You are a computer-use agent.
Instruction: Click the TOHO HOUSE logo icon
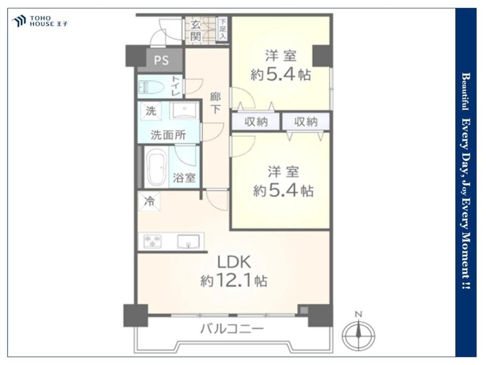tap(18, 21)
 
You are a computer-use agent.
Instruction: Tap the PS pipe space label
tap(161, 60)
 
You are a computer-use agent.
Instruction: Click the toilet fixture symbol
tap(151, 87)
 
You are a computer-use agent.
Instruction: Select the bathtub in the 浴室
tap(156, 167)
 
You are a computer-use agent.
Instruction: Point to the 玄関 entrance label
tap(195, 31)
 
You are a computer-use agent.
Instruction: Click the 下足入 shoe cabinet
tap(223, 29)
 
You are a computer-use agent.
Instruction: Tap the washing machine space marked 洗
tap(151, 110)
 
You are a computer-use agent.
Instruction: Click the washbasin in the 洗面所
tap(184, 110)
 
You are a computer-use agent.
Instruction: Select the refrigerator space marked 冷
tap(149, 201)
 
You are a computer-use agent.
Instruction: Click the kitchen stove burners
tap(152, 241)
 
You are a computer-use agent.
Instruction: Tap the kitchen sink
tap(188, 241)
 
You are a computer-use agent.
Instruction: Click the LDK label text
tap(234, 262)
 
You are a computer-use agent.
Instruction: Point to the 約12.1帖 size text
tap(234, 281)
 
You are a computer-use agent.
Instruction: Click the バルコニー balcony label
tap(232, 328)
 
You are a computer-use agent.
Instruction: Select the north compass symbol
tap(359, 334)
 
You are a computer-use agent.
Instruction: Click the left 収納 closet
tap(256, 122)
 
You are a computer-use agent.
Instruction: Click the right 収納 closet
tap(306, 122)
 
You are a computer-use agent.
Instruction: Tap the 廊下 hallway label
tap(215, 103)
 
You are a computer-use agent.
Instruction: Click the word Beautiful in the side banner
tap(465, 91)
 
